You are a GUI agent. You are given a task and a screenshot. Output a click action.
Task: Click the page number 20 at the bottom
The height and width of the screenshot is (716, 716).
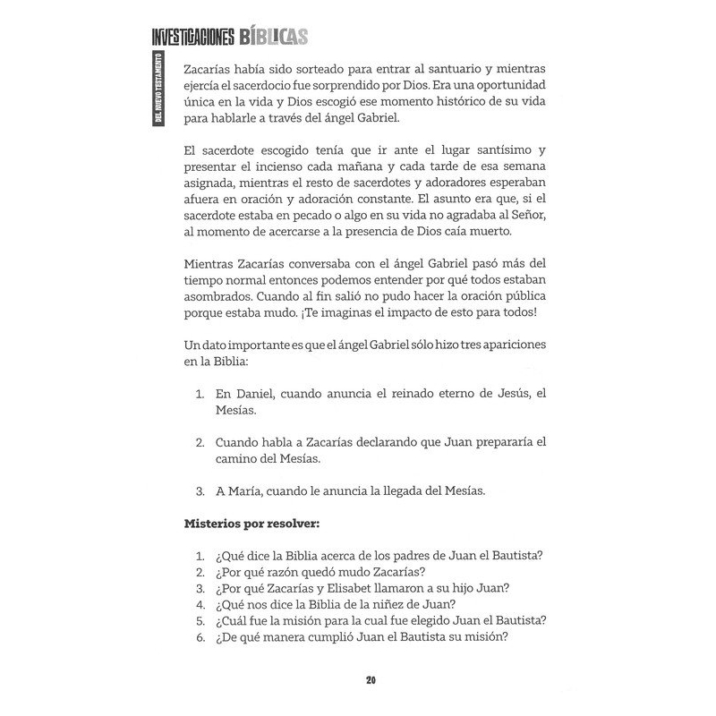click(x=371, y=680)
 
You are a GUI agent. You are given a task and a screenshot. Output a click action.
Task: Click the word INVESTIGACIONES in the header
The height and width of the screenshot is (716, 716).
click(x=192, y=36)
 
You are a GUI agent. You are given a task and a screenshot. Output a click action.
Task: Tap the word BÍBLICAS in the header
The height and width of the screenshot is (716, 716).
click(x=274, y=36)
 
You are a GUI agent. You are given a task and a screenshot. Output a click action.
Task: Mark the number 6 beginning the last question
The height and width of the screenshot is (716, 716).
click(x=198, y=637)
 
